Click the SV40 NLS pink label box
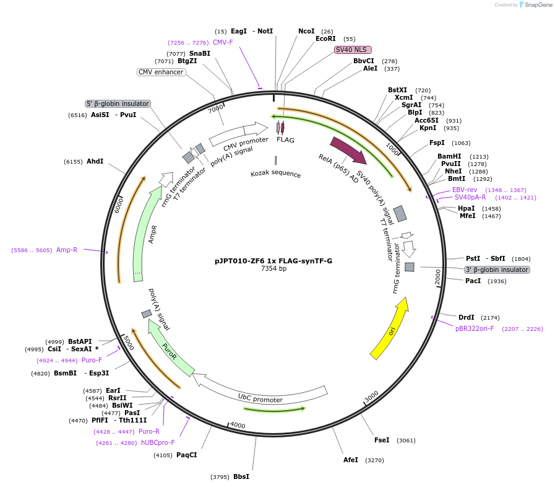coord(353,50)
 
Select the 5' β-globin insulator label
coord(118,103)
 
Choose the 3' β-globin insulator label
coord(497,270)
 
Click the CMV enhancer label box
coord(161,72)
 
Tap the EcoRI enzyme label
coord(325,38)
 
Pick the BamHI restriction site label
coord(449,156)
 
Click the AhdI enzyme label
coord(95,161)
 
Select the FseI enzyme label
coord(382,440)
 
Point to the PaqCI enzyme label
coord(186,455)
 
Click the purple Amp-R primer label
coord(67,250)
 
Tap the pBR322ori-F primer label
coord(475,328)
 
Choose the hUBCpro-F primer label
coord(158,442)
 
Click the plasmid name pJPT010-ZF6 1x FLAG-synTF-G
coord(273,261)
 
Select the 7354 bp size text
coord(273,269)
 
